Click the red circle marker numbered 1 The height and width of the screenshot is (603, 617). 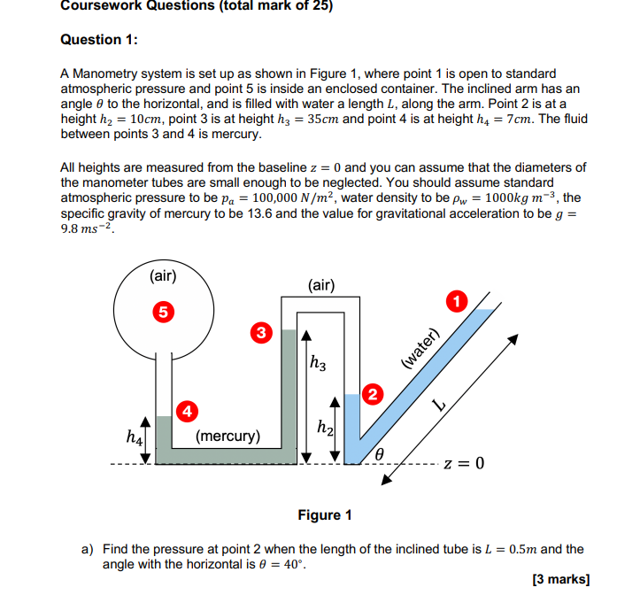point(457,301)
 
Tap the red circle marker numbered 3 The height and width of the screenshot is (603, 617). point(260,333)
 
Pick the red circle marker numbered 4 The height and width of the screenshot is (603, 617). point(187,410)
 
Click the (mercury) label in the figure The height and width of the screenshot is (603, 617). point(228,436)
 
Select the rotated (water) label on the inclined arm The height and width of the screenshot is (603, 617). point(420,348)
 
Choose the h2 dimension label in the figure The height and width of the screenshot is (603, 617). point(325,429)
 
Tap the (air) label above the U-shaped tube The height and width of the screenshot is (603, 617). point(321,284)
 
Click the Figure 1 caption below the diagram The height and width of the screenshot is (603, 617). point(325,514)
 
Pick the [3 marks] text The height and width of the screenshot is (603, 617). point(560,580)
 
